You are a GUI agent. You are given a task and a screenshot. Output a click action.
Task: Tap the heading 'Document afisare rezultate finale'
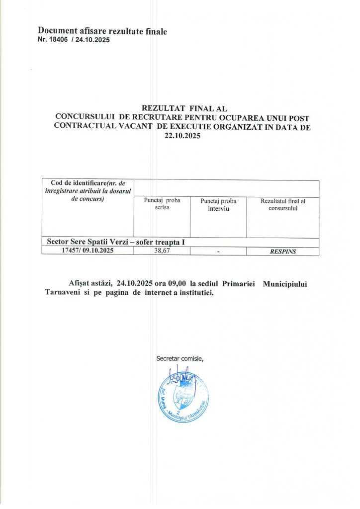(x=102, y=32)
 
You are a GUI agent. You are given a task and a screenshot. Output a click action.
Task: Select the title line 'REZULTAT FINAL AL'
(x=184, y=107)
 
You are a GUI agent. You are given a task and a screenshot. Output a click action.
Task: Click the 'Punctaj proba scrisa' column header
(x=162, y=204)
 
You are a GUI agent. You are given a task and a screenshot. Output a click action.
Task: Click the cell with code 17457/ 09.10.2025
(x=88, y=251)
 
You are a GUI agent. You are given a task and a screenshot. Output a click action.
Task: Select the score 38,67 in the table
(x=163, y=251)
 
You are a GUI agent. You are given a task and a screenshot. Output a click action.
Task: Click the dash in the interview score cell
(x=218, y=252)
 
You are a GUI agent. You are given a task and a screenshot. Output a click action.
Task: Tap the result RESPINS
(x=282, y=252)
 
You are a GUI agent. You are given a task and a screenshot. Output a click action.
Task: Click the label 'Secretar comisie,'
(x=180, y=358)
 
